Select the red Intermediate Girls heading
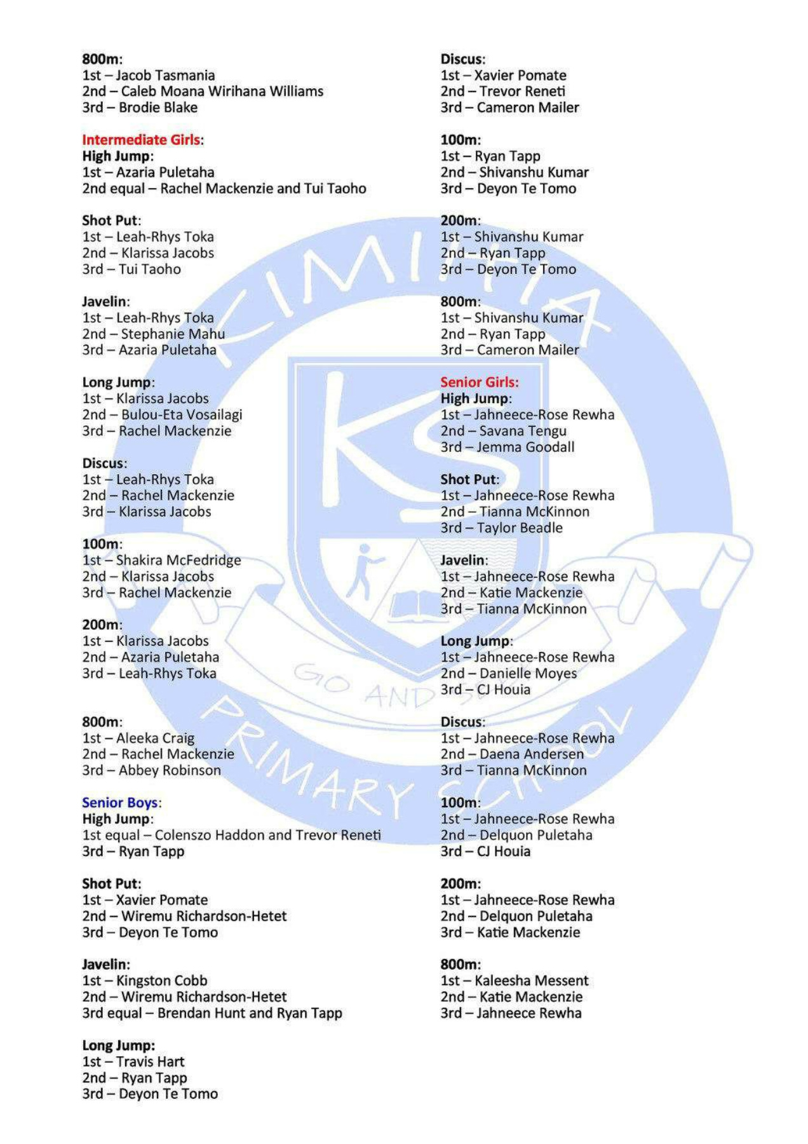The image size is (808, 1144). click(142, 140)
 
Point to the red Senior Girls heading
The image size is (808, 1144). click(479, 382)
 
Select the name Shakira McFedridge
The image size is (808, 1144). click(178, 561)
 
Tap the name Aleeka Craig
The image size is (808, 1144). click(155, 738)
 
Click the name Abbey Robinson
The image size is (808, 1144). click(170, 770)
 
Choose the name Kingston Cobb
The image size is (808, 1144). click(161, 981)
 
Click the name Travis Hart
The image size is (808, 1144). click(150, 1061)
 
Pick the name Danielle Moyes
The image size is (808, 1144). click(528, 673)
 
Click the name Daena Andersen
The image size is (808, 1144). click(531, 754)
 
